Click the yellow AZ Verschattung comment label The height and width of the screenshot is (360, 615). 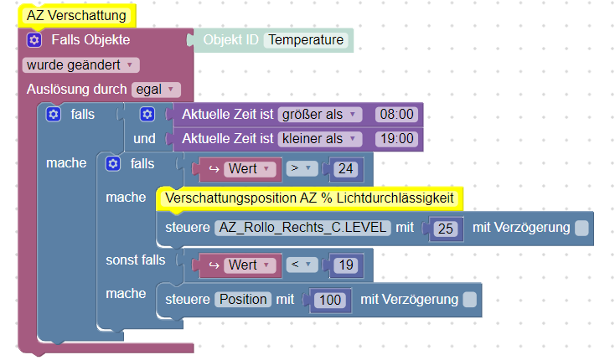76,15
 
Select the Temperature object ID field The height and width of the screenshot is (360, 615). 306,40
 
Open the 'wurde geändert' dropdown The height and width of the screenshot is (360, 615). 81,64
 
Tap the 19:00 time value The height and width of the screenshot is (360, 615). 395,138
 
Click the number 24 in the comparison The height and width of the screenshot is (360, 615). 344,169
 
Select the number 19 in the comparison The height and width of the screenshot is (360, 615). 344,265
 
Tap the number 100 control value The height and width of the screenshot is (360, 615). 329,299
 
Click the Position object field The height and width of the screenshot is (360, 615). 243,299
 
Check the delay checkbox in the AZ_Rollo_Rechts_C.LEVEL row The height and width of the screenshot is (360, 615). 581,228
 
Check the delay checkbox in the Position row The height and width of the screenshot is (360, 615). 470,299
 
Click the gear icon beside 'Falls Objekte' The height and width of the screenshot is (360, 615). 34,40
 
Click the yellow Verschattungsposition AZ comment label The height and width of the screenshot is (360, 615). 310,198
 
